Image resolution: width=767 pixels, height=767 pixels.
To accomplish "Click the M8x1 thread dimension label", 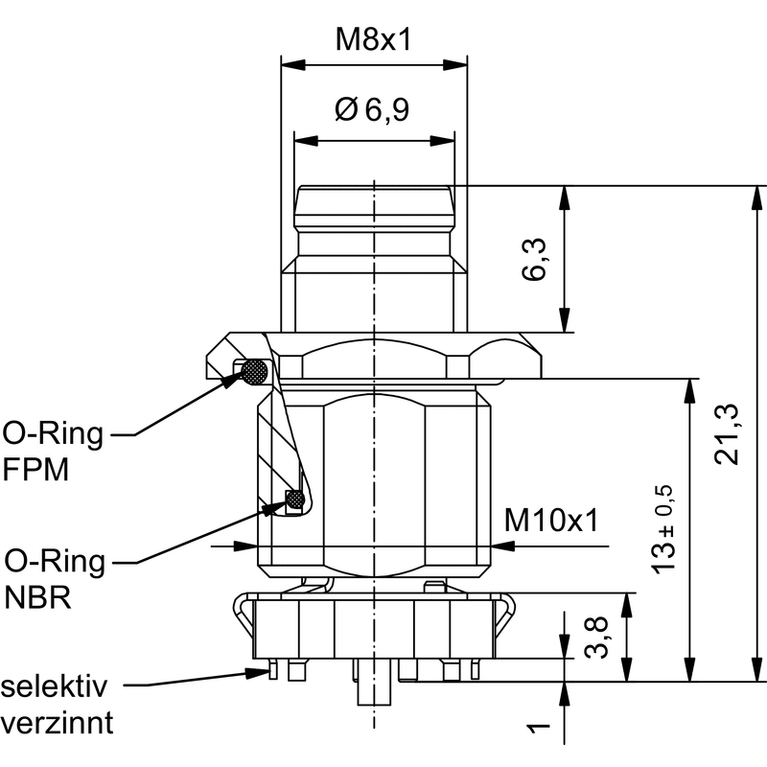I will point(374,39).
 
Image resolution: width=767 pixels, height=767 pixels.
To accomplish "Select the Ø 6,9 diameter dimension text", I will point(373,110).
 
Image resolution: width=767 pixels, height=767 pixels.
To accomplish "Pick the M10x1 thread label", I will point(551,521).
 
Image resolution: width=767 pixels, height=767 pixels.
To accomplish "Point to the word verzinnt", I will point(57,721).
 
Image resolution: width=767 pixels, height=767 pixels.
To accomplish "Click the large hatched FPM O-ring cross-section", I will point(255,371).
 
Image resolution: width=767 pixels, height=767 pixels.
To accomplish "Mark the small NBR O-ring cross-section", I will point(295,500).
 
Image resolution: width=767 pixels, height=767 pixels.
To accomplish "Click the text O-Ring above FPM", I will point(53,434).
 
